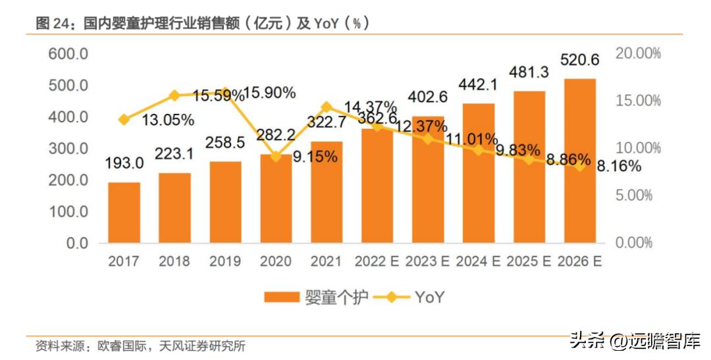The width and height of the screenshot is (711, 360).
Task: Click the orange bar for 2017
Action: point(124,213)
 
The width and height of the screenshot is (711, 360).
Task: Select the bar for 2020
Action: point(276,198)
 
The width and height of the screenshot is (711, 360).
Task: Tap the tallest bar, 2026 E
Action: point(579,161)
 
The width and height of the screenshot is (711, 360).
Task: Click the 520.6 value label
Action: point(579,61)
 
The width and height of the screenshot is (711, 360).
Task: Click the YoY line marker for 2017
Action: point(124,119)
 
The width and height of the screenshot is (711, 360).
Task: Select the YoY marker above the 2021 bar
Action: point(327,107)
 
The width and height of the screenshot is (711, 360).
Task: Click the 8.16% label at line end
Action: point(619,167)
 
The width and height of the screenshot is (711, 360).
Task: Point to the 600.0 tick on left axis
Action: point(68,54)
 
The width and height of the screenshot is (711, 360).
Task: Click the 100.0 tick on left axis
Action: point(68,212)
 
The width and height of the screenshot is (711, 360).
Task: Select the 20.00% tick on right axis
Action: point(638,54)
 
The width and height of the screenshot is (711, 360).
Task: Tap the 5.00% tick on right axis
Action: point(638,195)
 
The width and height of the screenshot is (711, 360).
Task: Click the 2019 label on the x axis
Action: point(225,261)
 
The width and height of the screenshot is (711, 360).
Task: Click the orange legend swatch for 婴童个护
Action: point(282,297)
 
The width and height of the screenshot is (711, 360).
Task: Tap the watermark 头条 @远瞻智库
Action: point(635,340)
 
